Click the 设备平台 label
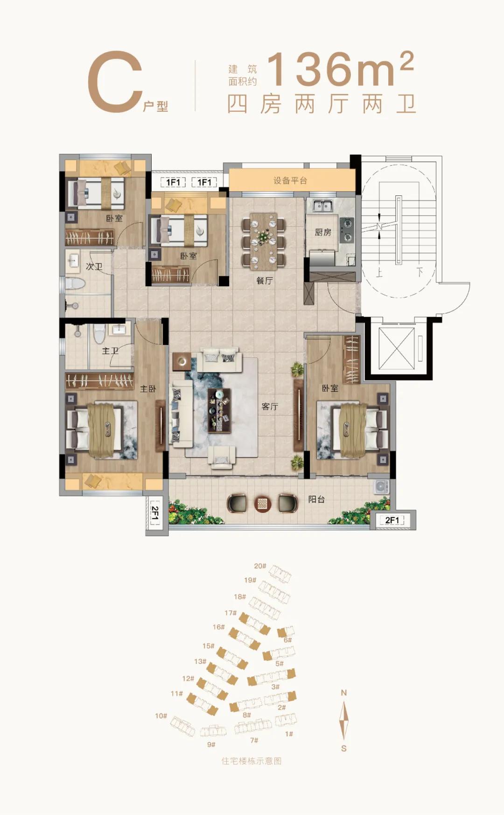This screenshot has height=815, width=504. tap(290, 180)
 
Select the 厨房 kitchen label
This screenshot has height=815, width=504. tap(323, 232)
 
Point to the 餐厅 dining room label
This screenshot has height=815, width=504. tap(265, 280)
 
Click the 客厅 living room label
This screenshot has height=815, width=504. tap(270, 406)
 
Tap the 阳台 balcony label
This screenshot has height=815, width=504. tap(316, 499)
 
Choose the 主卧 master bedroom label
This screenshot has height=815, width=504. tap(148, 388)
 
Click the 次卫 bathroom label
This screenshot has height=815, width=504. tap(94, 266)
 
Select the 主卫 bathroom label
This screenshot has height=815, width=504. tap(110, 350)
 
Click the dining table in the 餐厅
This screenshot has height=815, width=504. tap(264, 241)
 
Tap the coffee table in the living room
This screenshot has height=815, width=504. tap(219, 410)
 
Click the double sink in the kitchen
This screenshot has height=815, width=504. tap(322, 206)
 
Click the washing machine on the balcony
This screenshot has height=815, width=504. tap(381, 486)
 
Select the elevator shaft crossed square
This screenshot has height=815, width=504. tap(396, 348)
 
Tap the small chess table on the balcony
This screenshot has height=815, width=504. tap(262, 504)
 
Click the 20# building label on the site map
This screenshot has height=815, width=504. tap(260, 566)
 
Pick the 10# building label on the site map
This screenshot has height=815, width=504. tap(161, 716)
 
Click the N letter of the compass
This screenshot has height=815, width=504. tap(344, 693)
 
